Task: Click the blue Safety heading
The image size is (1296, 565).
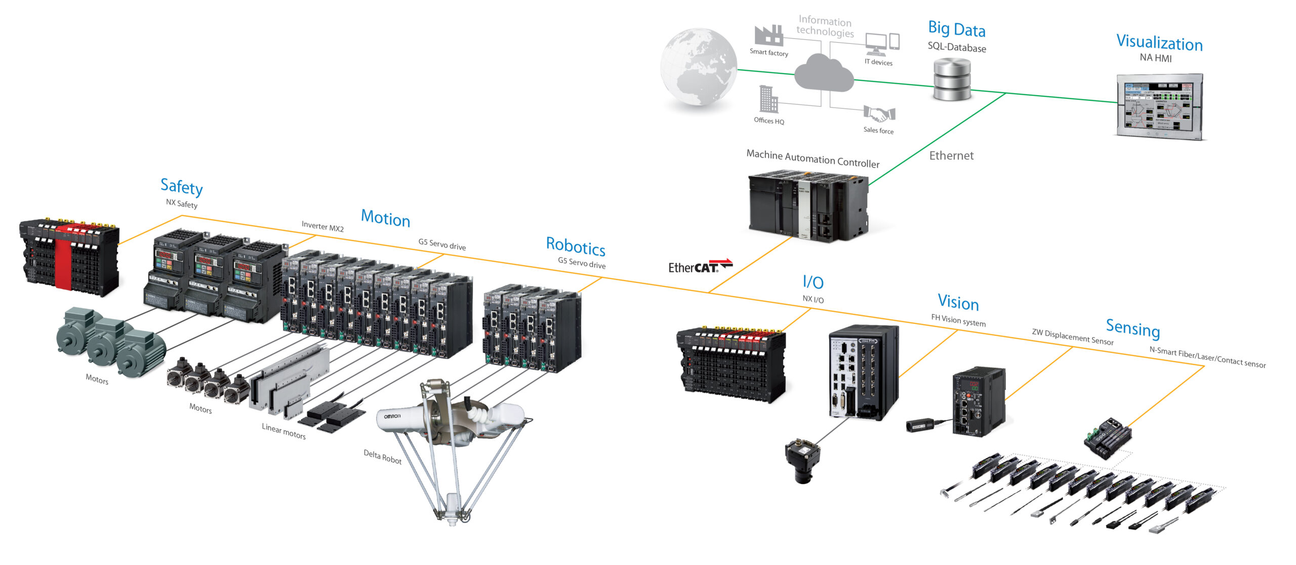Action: coord(181,187)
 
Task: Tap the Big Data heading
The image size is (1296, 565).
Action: coord(956,29)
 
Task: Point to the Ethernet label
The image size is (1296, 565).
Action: coord(951,156)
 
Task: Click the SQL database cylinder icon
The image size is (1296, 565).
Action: coord(952,79)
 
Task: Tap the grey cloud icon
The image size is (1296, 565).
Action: coord(824,73)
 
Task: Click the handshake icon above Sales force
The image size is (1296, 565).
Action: coord(879,114)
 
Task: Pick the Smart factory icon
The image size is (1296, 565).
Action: coord(768,35)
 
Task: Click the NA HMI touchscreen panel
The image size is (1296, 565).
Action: coord(1159,106)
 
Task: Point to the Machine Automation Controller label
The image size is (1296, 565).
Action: coord(813,158)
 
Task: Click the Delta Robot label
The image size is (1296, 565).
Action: coord(382,457)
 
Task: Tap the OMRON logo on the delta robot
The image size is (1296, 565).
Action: coord(392,416)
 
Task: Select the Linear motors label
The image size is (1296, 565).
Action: coord(283,431)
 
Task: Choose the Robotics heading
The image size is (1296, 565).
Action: coord(576,247)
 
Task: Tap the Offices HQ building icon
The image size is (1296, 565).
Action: coord(768,99)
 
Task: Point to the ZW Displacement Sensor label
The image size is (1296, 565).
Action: coord(1072,337)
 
